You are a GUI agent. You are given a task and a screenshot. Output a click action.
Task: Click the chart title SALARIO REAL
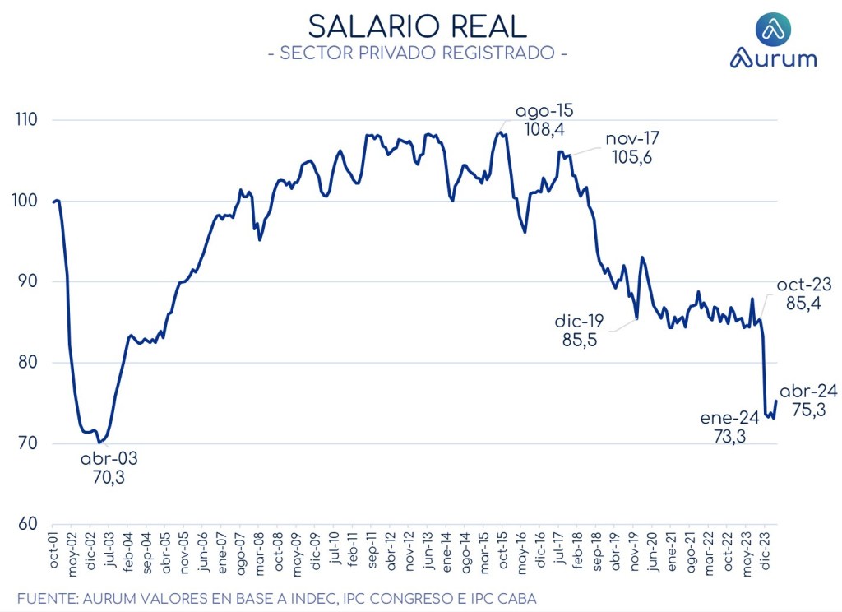pos(417,26)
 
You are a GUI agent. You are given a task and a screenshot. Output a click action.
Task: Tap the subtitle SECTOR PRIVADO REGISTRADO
pos(417,53)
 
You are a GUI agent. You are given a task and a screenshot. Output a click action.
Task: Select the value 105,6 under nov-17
pos(631,157)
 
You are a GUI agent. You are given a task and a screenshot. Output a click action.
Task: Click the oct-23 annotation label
pos(803,285)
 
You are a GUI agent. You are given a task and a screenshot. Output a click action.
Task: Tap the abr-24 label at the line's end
pos(807,392)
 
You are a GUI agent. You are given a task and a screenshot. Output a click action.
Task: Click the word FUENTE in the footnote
pos(46,598)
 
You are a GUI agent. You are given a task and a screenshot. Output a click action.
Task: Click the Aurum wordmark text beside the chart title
pos(773,59)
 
